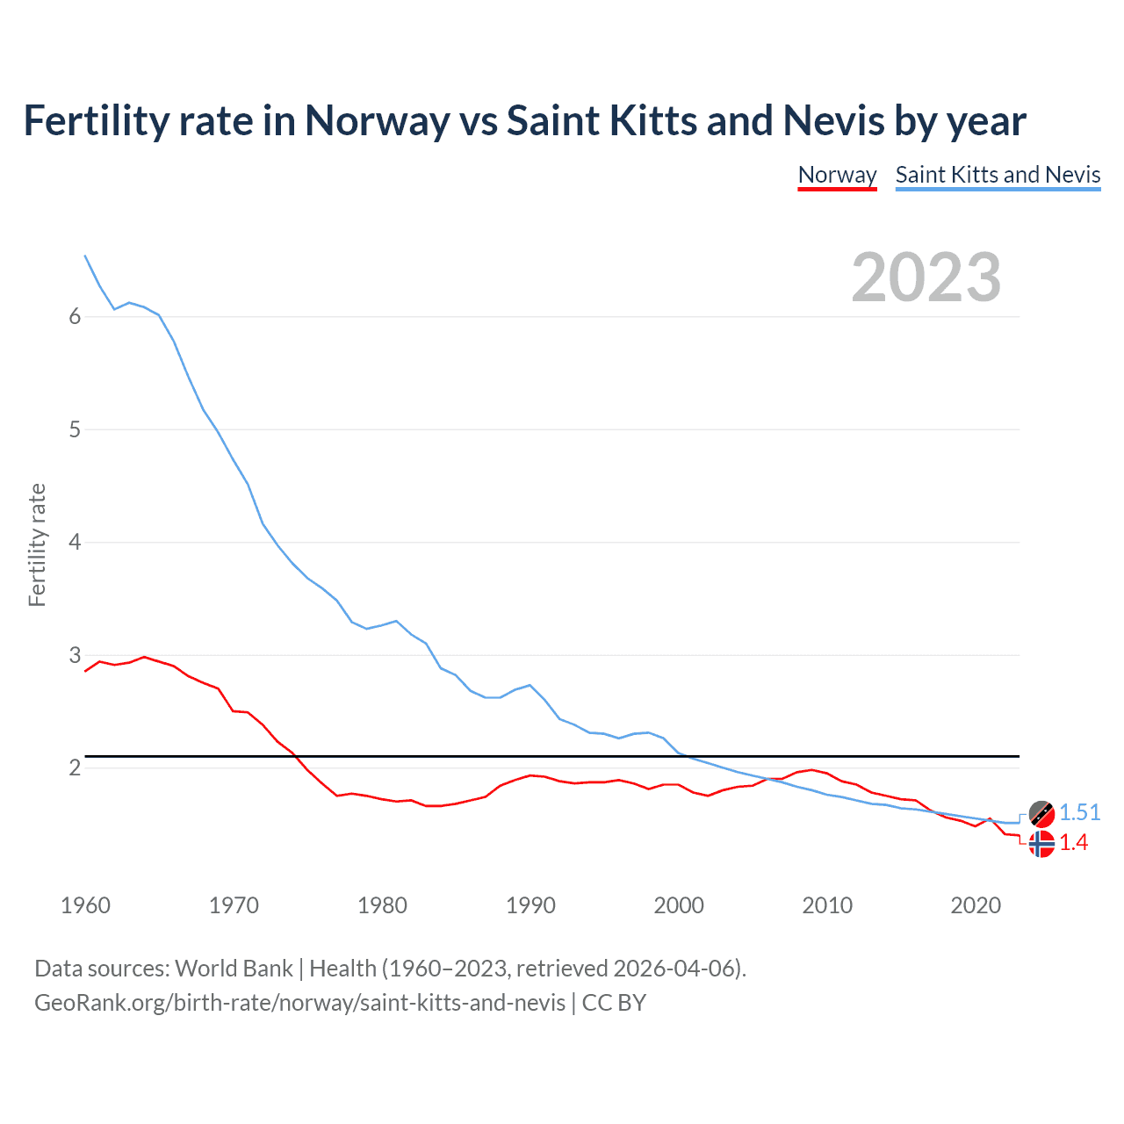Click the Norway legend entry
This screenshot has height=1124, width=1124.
837,175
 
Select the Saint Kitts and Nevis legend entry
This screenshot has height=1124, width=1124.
998,175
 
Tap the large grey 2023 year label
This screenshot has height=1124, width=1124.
926,277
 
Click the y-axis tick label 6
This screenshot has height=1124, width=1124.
75,317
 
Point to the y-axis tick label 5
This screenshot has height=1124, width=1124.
75,430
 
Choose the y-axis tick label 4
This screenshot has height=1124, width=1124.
75,543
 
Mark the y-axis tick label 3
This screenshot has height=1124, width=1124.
75,655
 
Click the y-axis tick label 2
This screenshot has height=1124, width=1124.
75,768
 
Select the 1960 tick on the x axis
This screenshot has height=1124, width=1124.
85,905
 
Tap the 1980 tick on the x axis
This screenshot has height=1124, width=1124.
382,905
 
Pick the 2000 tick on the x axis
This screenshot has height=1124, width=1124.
679,905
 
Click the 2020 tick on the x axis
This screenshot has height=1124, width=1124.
976,905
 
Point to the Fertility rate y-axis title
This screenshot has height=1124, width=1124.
37,544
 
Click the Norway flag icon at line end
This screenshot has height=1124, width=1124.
1041,844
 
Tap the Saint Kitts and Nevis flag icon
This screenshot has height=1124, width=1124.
1041,814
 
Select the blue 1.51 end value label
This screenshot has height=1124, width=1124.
1079,813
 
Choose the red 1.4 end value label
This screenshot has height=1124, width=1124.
1073,843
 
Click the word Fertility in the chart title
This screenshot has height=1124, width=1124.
95,121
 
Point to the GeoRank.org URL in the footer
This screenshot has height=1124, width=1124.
299,1003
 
